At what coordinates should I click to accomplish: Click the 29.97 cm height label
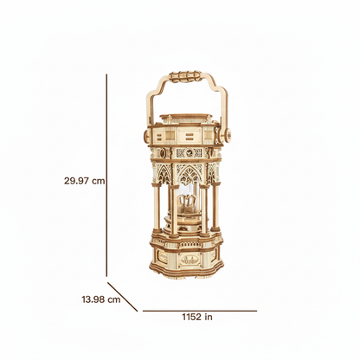pyautogui.click(x=85, y=181)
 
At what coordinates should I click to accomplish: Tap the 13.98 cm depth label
pyautogui.click(x=101, y=299)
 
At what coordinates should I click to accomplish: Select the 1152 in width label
pyautogui.click(x=197, y=317)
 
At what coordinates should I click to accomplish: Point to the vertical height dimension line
pyautogui.click(x=106, y=175)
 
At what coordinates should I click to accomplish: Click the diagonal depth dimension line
pyautogui.click(x=123, y=297)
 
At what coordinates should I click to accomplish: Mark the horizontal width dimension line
pyautogui.click(x=200, y=311)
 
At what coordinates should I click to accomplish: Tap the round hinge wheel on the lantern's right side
pyautogui.click(x=228, y=134)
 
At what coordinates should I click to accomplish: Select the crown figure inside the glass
pyautogui.click(x=185, y=201)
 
